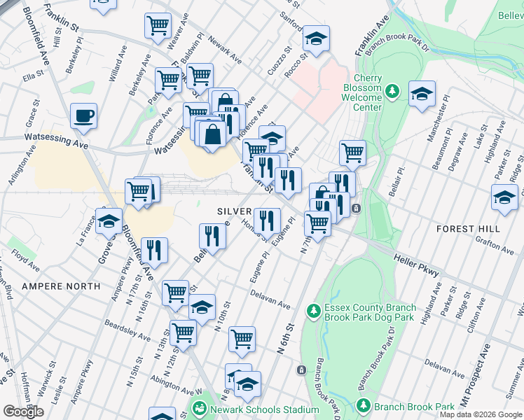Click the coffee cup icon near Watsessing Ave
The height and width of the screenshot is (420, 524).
(84, 116)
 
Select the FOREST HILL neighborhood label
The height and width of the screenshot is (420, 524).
(468, 229)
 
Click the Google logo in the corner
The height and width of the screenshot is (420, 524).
(23, 412)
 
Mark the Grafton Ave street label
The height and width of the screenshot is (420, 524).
(494, 246)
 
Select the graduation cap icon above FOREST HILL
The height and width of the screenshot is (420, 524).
(504, 197)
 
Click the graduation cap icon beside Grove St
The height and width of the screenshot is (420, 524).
(109, 221)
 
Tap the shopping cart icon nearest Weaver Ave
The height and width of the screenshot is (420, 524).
(158, 25)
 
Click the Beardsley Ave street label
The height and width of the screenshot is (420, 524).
(126, 331)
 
